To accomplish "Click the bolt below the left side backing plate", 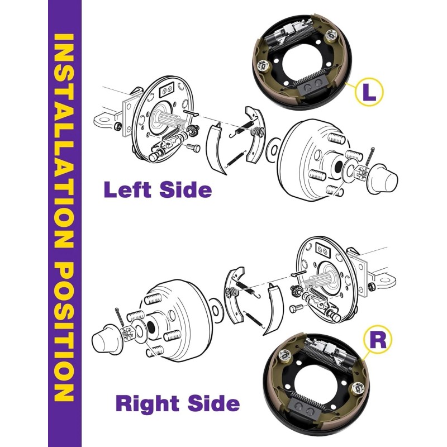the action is pyautogui.click(x=193, y=148).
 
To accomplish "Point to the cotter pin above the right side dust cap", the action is pyautogui.click(x=119, y=315).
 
